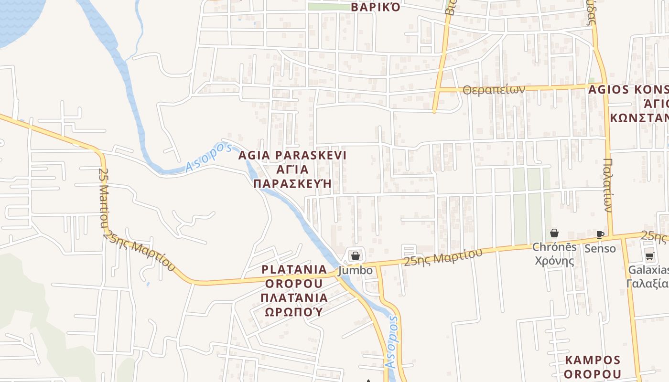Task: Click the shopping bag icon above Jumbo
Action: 355,256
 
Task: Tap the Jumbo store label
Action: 355,270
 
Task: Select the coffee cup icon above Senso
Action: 600,234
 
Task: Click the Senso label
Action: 600,248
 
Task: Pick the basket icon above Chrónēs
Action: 554,233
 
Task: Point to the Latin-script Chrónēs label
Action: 554,247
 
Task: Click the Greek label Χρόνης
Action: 554,261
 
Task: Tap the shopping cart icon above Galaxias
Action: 649,256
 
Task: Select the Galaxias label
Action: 648,270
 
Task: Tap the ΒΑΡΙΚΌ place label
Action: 375,7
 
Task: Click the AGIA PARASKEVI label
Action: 292,155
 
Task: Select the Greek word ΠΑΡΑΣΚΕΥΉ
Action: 292,184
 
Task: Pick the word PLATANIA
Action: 294,269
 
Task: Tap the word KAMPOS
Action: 593,360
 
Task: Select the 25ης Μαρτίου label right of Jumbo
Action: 443,257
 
